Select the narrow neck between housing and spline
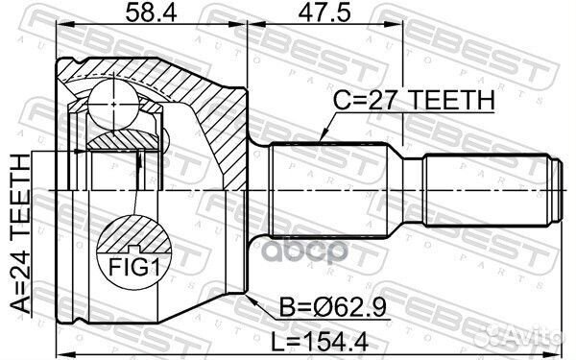point(258,189)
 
